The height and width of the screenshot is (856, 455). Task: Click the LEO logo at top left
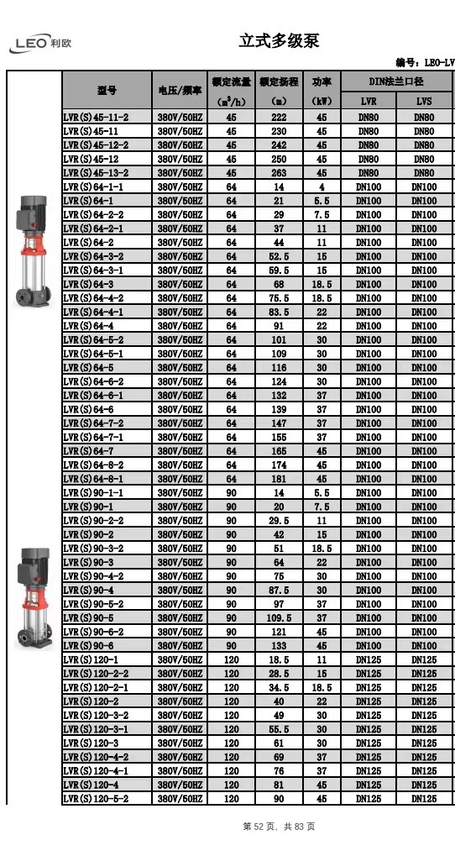pyautogui.click(x=39, y=44)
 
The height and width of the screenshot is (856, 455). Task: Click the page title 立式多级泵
pyautogui.click(x=279, y=40)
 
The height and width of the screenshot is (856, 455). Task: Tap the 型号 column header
pyautogui.click(x=107, y=90)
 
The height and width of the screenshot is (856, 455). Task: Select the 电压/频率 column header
pyautogui.click(x=180, y=90)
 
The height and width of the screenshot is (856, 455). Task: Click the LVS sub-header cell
pyautogui.click(x=423, y=102)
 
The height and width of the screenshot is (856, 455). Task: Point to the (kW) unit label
pyautogui.click(x=322, y=102)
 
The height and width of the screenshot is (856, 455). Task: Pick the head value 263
pyautogui.click(x=279, y=173)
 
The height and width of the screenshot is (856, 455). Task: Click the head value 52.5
pyautogui.click(x=279, y=256)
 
